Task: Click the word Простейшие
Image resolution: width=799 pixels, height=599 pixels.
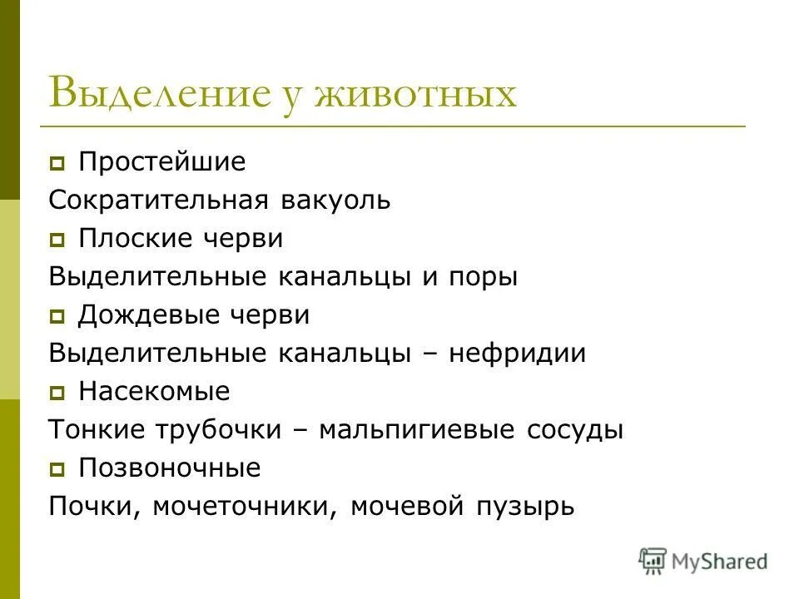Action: coord(162,161)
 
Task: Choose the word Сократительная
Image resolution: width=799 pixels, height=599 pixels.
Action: coord(157,200)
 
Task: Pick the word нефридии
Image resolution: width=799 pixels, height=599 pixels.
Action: coord(517,354)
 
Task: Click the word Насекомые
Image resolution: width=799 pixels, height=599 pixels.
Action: coord(154,391)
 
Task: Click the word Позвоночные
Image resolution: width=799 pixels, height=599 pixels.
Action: coord(169,468)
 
